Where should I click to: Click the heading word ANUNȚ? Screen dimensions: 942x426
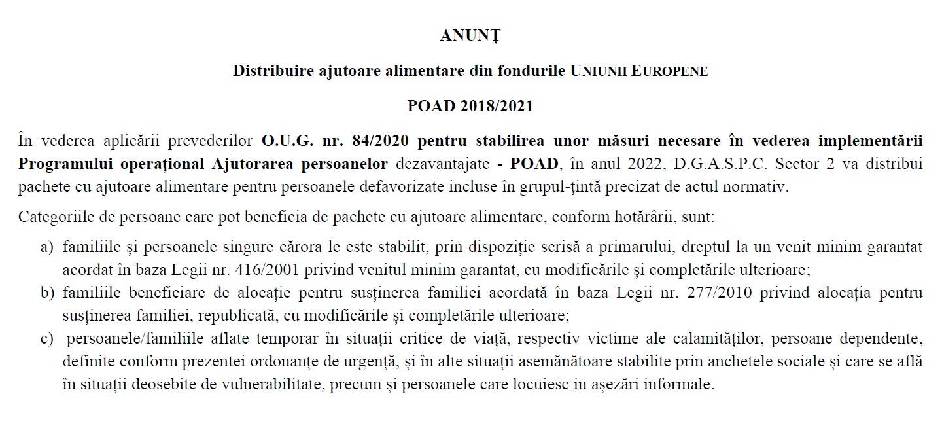470,37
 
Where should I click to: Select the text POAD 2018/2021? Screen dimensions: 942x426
470,106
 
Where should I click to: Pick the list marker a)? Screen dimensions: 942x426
47,247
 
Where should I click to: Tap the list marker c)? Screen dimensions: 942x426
47,338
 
